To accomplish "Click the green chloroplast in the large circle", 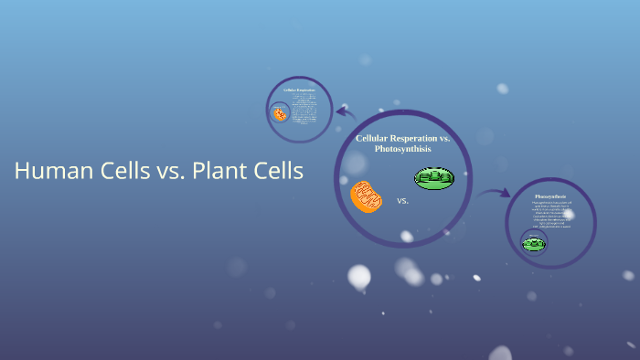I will click(x=433, y=178).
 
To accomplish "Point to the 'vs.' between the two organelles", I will click(x=402, y=200).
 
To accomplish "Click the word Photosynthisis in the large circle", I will click(x=402, y=148).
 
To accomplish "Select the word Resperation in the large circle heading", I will click(x=411, y=138).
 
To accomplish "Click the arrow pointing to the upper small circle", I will click(x=345, y=112).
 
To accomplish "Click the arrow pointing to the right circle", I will click(x=494, y=193).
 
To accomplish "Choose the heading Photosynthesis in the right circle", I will click(x=550, y=196).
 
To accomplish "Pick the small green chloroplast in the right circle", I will click(x=534, y=243).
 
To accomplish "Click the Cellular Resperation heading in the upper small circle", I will click(x=299, y=90).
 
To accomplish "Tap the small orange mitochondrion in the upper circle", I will click(x=280, y=114).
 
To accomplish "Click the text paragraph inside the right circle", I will click(x=551, y=215).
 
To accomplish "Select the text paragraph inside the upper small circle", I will click(x=304, y=110).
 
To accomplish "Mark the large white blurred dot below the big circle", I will click(x=359, y=276).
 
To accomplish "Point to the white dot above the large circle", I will click(x=502, y=89).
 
